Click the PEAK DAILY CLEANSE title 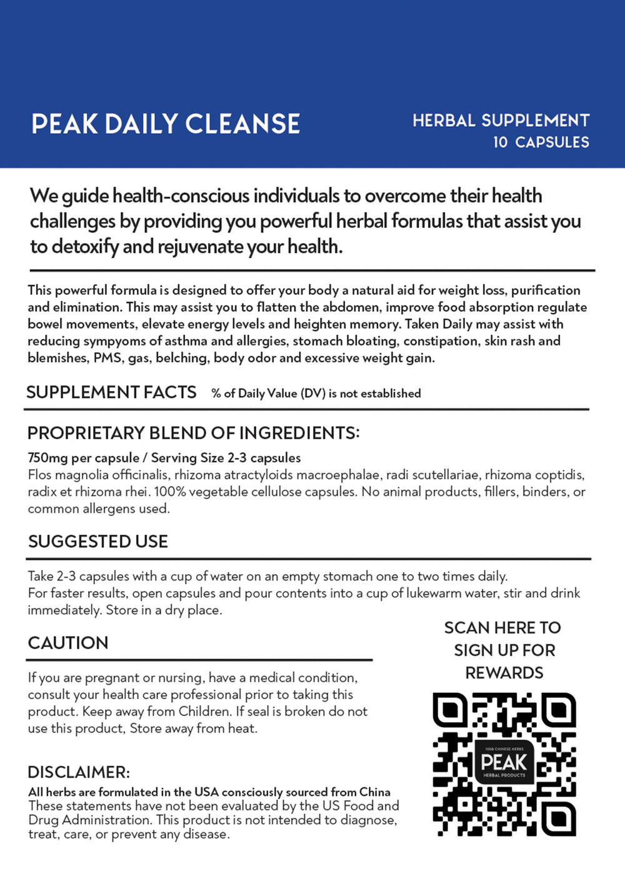166,124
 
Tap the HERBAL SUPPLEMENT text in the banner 501,120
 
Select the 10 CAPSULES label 541,142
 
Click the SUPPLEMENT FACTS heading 111,392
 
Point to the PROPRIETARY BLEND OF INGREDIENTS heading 193,433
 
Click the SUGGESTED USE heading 98,541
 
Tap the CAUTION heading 68,643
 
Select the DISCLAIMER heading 79,772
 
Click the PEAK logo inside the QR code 504,762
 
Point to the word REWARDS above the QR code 504,673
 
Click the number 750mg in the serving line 47,458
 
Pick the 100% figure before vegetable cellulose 169,492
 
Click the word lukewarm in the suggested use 433,593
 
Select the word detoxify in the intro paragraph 85,247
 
